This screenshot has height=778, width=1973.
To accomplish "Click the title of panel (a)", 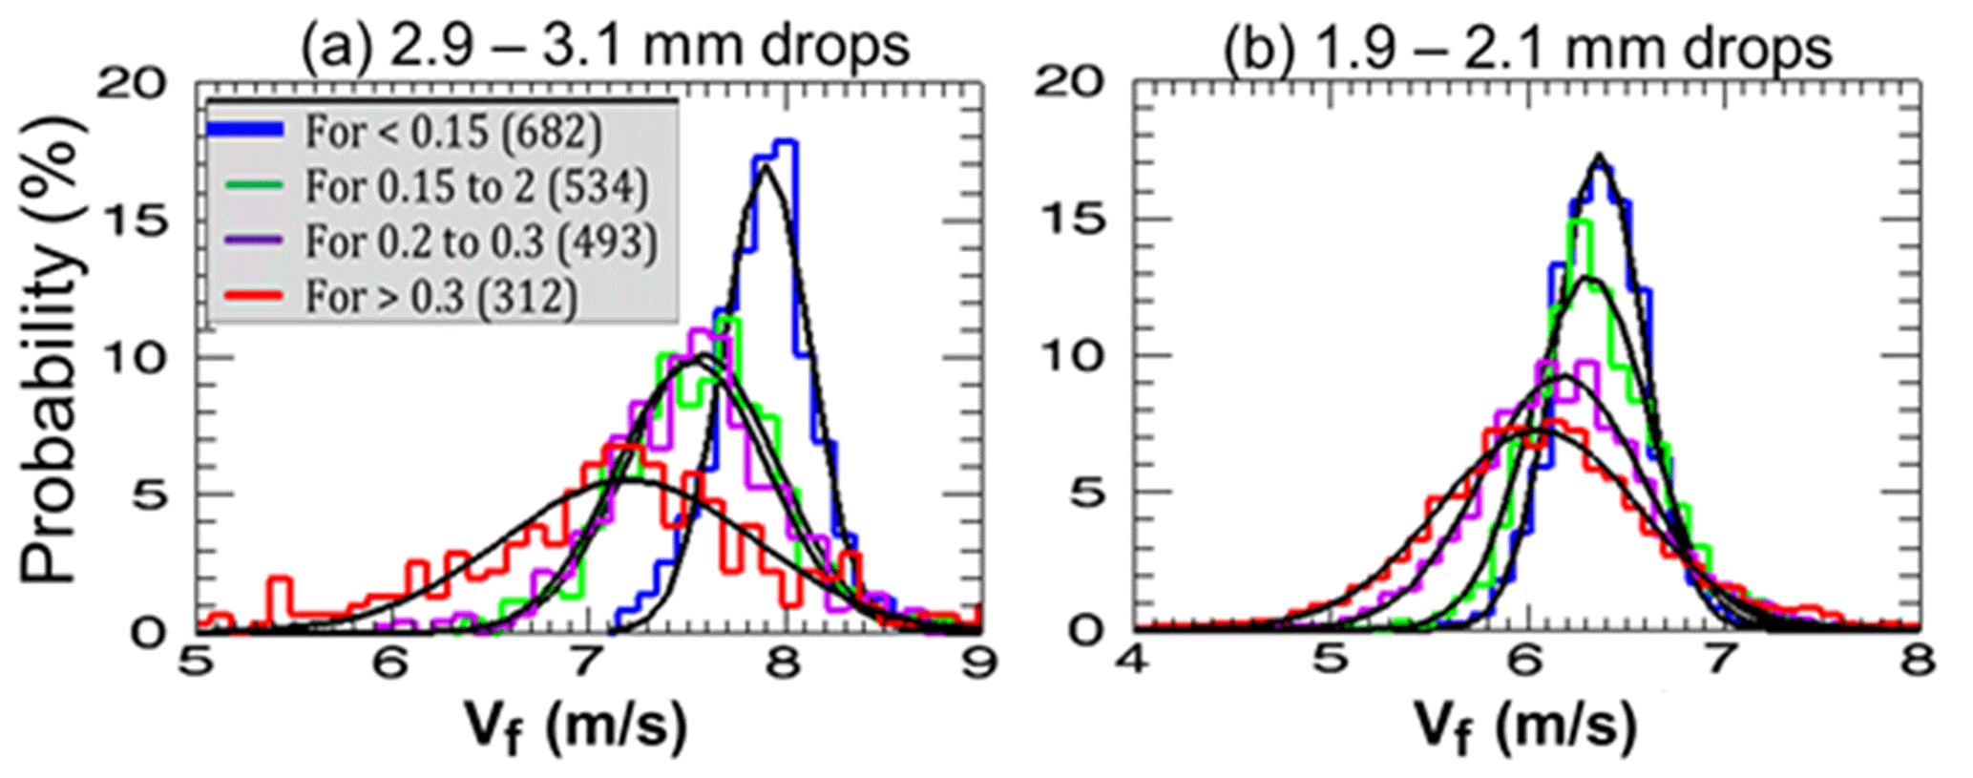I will pos(605,45).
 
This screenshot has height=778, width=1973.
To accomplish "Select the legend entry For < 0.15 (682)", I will pos(453,132).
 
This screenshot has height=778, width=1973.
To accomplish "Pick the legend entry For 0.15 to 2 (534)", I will pos(475,187).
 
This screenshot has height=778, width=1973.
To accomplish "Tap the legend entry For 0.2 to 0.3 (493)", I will pos(481,242).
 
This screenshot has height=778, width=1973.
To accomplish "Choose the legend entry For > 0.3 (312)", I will pos(441,297).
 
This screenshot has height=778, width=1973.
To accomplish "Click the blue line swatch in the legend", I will pos(245,131).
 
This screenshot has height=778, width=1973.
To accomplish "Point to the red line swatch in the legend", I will pos(245,296).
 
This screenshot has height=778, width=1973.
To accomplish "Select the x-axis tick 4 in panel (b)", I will pos(1134,661).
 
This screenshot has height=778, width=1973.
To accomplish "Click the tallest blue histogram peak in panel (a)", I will pos(786,142).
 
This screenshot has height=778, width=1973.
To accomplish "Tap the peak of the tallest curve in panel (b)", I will pos(1600,156).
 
